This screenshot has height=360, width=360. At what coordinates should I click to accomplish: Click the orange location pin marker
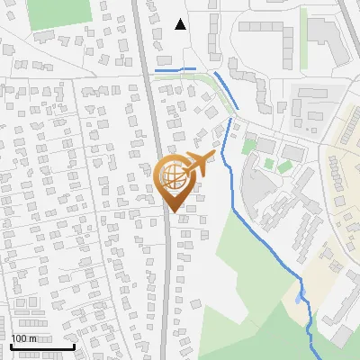click(x=173, y=179)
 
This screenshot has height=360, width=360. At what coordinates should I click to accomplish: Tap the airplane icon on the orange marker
click(x=195, y=163)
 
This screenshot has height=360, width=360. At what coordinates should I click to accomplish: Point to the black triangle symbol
click(x=181, y=24)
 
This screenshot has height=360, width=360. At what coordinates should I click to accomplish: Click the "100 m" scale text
click(x=23, y=338)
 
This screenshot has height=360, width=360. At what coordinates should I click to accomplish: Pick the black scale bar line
click(x=41, y=346)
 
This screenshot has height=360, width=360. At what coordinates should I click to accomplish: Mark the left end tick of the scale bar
click(x=11, y=345)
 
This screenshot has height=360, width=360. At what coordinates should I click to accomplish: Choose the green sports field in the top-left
click(x=59, y=12)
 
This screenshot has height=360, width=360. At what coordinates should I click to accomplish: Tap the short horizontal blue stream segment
click(x=175, y=69)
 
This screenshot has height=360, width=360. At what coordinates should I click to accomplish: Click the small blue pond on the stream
click(x=300, y=296)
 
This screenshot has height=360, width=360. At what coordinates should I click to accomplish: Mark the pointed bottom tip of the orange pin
click(x=173, y=212)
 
